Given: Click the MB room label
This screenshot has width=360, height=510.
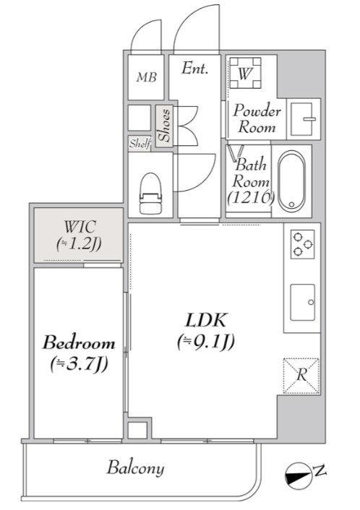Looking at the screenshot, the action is (147, 77).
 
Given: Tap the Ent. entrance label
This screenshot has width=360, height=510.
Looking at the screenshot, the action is (194, 69).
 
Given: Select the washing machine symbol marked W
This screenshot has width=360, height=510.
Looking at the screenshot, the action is (245, 73).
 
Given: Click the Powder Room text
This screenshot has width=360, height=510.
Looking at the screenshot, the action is (257, 118).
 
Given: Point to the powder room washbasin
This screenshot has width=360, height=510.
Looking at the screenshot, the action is (302, 119).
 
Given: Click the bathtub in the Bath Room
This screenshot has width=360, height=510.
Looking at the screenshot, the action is (291, 181).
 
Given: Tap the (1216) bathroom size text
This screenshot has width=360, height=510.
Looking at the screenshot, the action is (251, 196).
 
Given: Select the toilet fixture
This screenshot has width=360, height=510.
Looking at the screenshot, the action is (150, 193).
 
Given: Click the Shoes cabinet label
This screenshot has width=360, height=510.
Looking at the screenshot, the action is (164, 126).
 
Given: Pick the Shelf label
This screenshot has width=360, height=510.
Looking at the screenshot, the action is (140, 144).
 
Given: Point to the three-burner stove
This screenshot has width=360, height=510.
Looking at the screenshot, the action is (302, 244).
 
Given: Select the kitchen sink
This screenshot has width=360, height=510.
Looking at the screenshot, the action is (303, 303).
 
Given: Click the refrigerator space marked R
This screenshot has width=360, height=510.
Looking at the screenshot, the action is (301, 376).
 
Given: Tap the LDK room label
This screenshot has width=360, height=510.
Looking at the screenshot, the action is (206, 321).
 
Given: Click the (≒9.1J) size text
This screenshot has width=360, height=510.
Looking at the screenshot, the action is (206, 342).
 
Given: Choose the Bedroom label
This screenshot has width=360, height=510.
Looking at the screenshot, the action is (79, 343).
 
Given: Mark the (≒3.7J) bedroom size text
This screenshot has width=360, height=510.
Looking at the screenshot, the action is (79, 365).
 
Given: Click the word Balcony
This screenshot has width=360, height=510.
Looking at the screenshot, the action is (135, 468).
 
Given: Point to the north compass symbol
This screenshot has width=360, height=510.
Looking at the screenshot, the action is (299, 476).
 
